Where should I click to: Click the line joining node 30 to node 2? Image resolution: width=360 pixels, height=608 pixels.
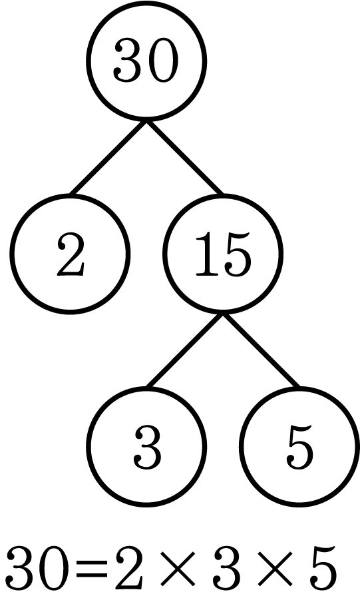click(108, 157)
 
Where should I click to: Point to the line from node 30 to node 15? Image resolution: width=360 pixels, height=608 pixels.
click(184, 157)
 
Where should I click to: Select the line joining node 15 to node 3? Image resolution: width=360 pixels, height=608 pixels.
click(184, 350)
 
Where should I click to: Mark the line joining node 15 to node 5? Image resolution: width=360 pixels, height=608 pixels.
click(262, 350)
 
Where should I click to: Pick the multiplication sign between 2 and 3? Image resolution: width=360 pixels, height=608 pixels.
click(178, 569)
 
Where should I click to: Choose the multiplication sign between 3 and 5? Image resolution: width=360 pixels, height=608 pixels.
click(275, 569)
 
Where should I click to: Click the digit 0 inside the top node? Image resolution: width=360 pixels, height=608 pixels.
click(163, 61)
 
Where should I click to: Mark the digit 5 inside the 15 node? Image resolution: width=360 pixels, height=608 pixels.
click(237, 255)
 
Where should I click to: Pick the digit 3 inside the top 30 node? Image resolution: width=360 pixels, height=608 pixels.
click(128, 61)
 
